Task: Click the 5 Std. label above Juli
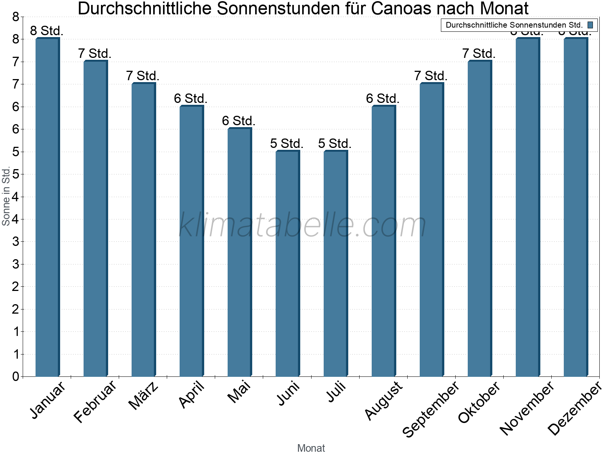coord(335,144)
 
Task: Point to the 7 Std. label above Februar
coord(95,54)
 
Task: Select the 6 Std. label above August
coord(383,99)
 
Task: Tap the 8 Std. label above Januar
coord(47,31)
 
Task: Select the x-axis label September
coord(431,409)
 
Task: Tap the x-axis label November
coord(527,408)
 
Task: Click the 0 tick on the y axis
coord(16,376)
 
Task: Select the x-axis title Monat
coord(311,448)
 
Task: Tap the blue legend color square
coord(590,25)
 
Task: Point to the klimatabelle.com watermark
coord(302,225)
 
